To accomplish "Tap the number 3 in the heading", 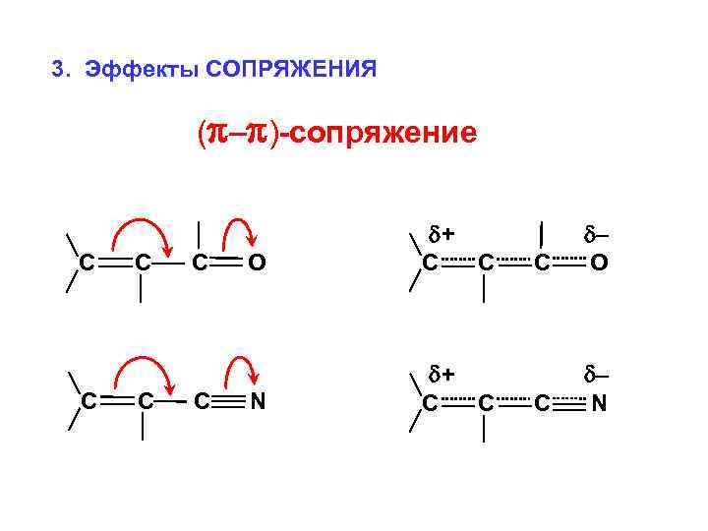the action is click(x=59, y=69).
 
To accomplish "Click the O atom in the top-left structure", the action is click(x=257, y=263).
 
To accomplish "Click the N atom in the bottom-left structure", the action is click(x=257, y=401).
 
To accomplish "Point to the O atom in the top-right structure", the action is click(x=599, y=263).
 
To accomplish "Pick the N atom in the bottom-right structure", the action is click(x=599, y=402).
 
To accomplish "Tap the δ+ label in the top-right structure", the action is click(x=441, y=234).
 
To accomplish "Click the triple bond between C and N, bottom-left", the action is click(x=228, y=401).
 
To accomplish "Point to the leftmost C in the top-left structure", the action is click(x=88, y=263).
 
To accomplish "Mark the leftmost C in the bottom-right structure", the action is click(x=430, y=402).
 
